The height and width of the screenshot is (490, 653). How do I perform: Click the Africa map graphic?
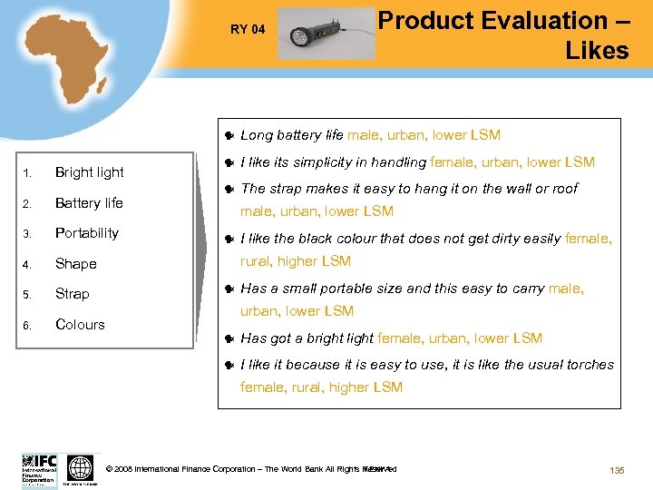(66, 63)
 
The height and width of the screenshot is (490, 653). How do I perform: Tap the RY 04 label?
(248, 29)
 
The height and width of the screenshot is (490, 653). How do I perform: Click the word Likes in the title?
(596, 51)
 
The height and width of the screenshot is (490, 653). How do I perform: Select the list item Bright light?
(89, 172)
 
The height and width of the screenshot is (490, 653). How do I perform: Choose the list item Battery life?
(89, 202)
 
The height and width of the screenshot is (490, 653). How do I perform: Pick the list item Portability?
(87, 233)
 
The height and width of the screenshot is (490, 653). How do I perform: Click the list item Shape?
(75, 264)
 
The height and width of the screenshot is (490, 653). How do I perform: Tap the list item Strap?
(72, 294)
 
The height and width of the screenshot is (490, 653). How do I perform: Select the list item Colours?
(80, 324)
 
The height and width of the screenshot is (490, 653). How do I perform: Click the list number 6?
(28, 325)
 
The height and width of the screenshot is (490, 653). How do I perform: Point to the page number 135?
(618, 469)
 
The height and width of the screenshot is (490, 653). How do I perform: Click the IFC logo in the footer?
(39, 469)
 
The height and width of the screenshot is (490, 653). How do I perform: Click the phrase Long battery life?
(291, 135)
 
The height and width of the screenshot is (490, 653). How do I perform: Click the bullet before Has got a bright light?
(229, 339)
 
